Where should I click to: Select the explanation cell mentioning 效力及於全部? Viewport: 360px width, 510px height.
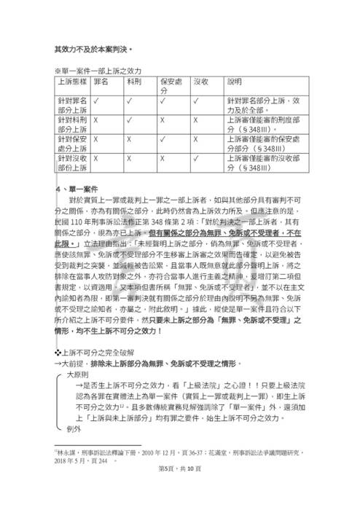pos(259,106)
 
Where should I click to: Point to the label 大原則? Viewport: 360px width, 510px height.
pos(78,371)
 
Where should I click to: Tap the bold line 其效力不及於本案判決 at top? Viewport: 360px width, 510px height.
pos(94,49)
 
